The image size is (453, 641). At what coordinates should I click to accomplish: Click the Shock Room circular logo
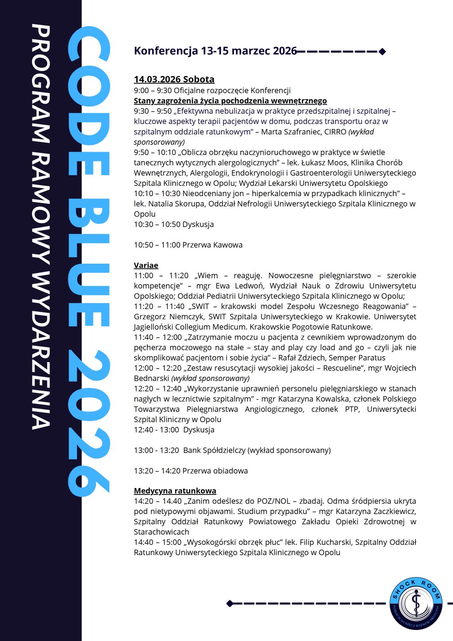pos(415,603)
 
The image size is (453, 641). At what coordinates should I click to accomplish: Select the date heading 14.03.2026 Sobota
pos(174,79)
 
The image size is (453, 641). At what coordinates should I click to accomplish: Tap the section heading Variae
pos(146,265)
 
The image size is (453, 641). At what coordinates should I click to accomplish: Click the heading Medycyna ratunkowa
pos(175,491)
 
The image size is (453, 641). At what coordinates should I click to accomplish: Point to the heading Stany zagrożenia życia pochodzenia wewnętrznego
pos(230,100)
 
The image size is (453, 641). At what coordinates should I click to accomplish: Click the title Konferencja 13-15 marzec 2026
pos(215,51)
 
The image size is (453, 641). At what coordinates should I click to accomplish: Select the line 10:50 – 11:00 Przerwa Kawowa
pos(188,245)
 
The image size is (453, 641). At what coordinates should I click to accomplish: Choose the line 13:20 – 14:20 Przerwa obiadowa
pos(190,470)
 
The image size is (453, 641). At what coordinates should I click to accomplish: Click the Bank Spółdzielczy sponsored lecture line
pos(232,450)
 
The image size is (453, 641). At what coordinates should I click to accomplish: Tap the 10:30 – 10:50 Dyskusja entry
pos(174,224)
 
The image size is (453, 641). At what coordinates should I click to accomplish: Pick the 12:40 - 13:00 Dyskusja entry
pos(174,429)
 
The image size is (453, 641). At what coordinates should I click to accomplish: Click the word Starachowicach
pos(161,532)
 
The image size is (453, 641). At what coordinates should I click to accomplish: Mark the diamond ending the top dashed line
pos(382,52)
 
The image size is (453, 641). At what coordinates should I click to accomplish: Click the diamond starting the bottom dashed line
pos(230,603)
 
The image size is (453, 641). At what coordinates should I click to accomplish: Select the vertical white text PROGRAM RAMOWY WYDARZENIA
pos(41,226)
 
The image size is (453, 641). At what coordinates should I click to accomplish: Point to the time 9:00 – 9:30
pos(152,90)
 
